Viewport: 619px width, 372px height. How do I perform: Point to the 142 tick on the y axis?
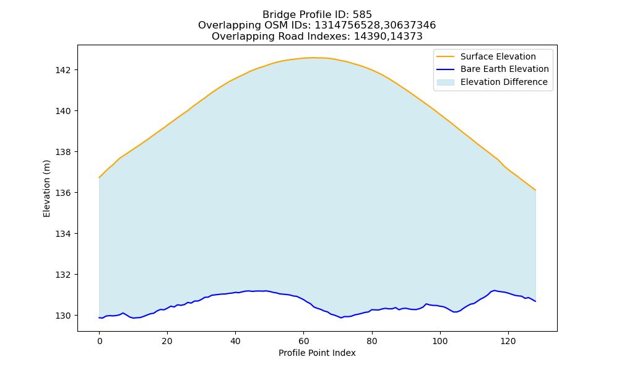pyautogui.click(x=63, y=70)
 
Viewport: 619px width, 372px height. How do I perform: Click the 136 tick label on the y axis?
pyautogui.click(x=63, y=193)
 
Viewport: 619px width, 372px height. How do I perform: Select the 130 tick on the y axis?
pyautogui.click(x=63, y=316)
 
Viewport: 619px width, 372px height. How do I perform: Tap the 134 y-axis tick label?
pyautogui.click(x=63, y=234)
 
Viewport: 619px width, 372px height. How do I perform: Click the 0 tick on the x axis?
pyautogui.click(x=99, y=341)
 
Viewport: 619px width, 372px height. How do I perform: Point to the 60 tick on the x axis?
pyautogui.click(x=303, y=341)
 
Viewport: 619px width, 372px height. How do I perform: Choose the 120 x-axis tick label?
pyautogui.click(x=508, y=341)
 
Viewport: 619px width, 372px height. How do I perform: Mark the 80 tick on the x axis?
pyautogui.click(x=372, y=341)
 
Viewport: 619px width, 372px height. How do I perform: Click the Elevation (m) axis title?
pyautogui.click(x=46, y=188)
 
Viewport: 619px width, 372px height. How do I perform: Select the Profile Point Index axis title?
pyautogui.click(x=317, y=353)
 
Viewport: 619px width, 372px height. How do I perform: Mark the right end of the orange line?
pyautogui.click(x=535, y=190)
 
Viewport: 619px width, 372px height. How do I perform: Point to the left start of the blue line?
pyautogui.click(x=99, y=317)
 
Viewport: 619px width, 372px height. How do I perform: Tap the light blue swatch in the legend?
pyautogui.click(x=445, y=82)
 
